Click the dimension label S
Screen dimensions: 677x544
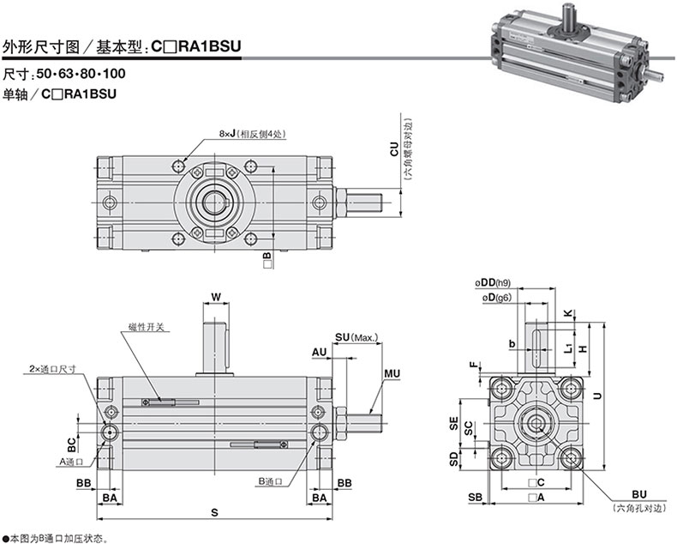coord(214,513)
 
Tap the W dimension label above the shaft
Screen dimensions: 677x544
coord(216,297)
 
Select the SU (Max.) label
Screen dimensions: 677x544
coord(356,337)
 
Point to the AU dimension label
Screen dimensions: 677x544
coord(320,353)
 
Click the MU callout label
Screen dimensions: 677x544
coord(392,373)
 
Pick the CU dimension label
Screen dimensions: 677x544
coord(394,148)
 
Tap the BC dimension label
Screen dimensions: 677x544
coord(71,444)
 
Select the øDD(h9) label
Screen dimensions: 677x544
coord(493,283)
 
